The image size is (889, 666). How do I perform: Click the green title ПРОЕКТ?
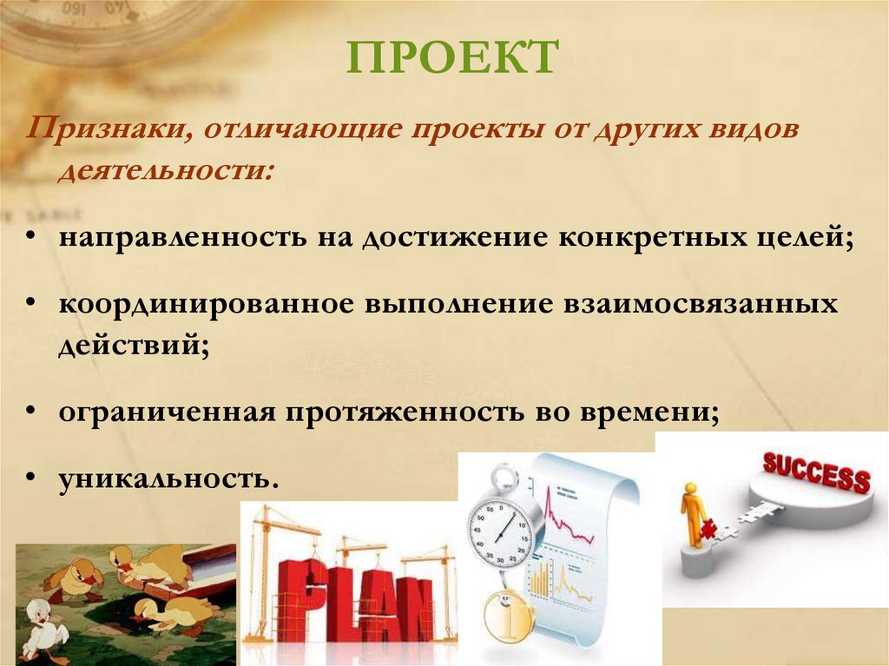(451, 58)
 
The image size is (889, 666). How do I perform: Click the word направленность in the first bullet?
(173, 237)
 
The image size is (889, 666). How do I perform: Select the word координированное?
(205, 306)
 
